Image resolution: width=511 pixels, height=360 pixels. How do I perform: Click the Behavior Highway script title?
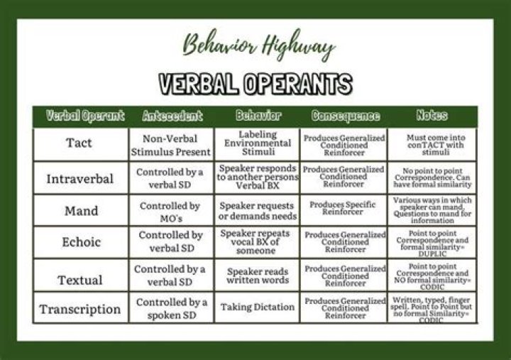coord(258,46)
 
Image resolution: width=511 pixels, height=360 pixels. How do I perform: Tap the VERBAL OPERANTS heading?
coord(255,84)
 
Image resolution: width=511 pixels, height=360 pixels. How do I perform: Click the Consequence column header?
coord(344,116)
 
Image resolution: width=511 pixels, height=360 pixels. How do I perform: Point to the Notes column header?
coord(432,116)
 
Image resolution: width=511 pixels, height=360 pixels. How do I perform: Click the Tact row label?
coord(79,143)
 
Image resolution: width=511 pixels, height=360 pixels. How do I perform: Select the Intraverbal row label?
coord(79,178)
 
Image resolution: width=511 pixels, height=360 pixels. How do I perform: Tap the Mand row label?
coord(79,211)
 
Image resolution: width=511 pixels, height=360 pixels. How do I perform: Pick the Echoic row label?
coord(79,242)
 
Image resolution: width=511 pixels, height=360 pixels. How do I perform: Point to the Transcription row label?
coord(79,309)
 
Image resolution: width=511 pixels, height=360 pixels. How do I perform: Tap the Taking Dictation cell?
coord(258,307)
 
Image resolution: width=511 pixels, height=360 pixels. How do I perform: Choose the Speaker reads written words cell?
coord(258,276)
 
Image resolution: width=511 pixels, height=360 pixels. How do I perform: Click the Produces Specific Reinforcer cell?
coord(344,208)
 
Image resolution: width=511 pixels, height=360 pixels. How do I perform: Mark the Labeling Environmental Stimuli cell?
coord(258,143)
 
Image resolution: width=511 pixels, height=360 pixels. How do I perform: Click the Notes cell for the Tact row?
coord(432,143)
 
